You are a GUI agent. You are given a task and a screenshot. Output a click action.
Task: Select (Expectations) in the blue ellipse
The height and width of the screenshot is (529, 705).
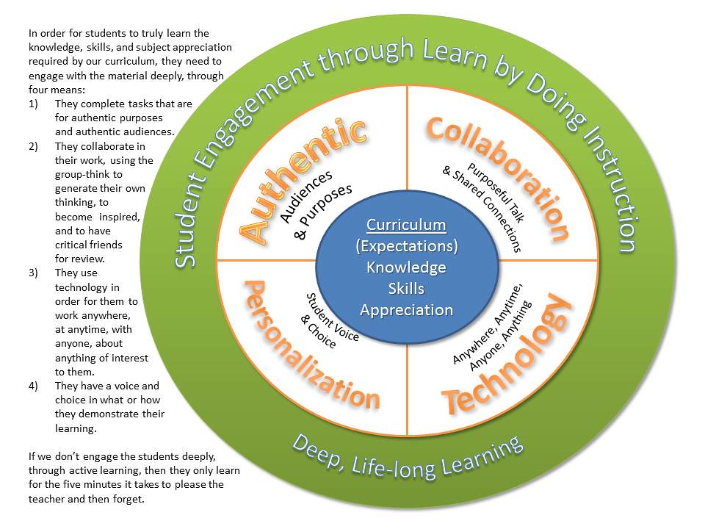point(406,245)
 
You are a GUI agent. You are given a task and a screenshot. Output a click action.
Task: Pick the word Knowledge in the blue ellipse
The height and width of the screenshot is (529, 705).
point(406,267)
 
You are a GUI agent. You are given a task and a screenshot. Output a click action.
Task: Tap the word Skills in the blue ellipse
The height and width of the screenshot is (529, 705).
point(406,288)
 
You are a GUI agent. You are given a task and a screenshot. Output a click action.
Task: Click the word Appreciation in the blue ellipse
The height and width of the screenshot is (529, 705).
point(406,309)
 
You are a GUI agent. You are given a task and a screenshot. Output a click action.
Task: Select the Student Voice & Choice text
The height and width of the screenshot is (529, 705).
point(322,319)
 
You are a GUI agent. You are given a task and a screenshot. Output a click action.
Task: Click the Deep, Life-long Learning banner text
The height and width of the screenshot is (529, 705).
point(408,455)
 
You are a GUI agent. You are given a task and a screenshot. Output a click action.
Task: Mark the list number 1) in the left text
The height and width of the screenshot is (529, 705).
point(33,104)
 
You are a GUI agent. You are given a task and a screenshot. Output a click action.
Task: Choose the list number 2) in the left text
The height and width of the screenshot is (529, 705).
point(33,146)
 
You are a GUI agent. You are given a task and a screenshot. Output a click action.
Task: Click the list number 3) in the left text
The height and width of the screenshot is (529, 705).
point(33,273)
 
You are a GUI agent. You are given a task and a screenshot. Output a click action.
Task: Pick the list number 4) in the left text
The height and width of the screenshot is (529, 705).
point(33,386)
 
